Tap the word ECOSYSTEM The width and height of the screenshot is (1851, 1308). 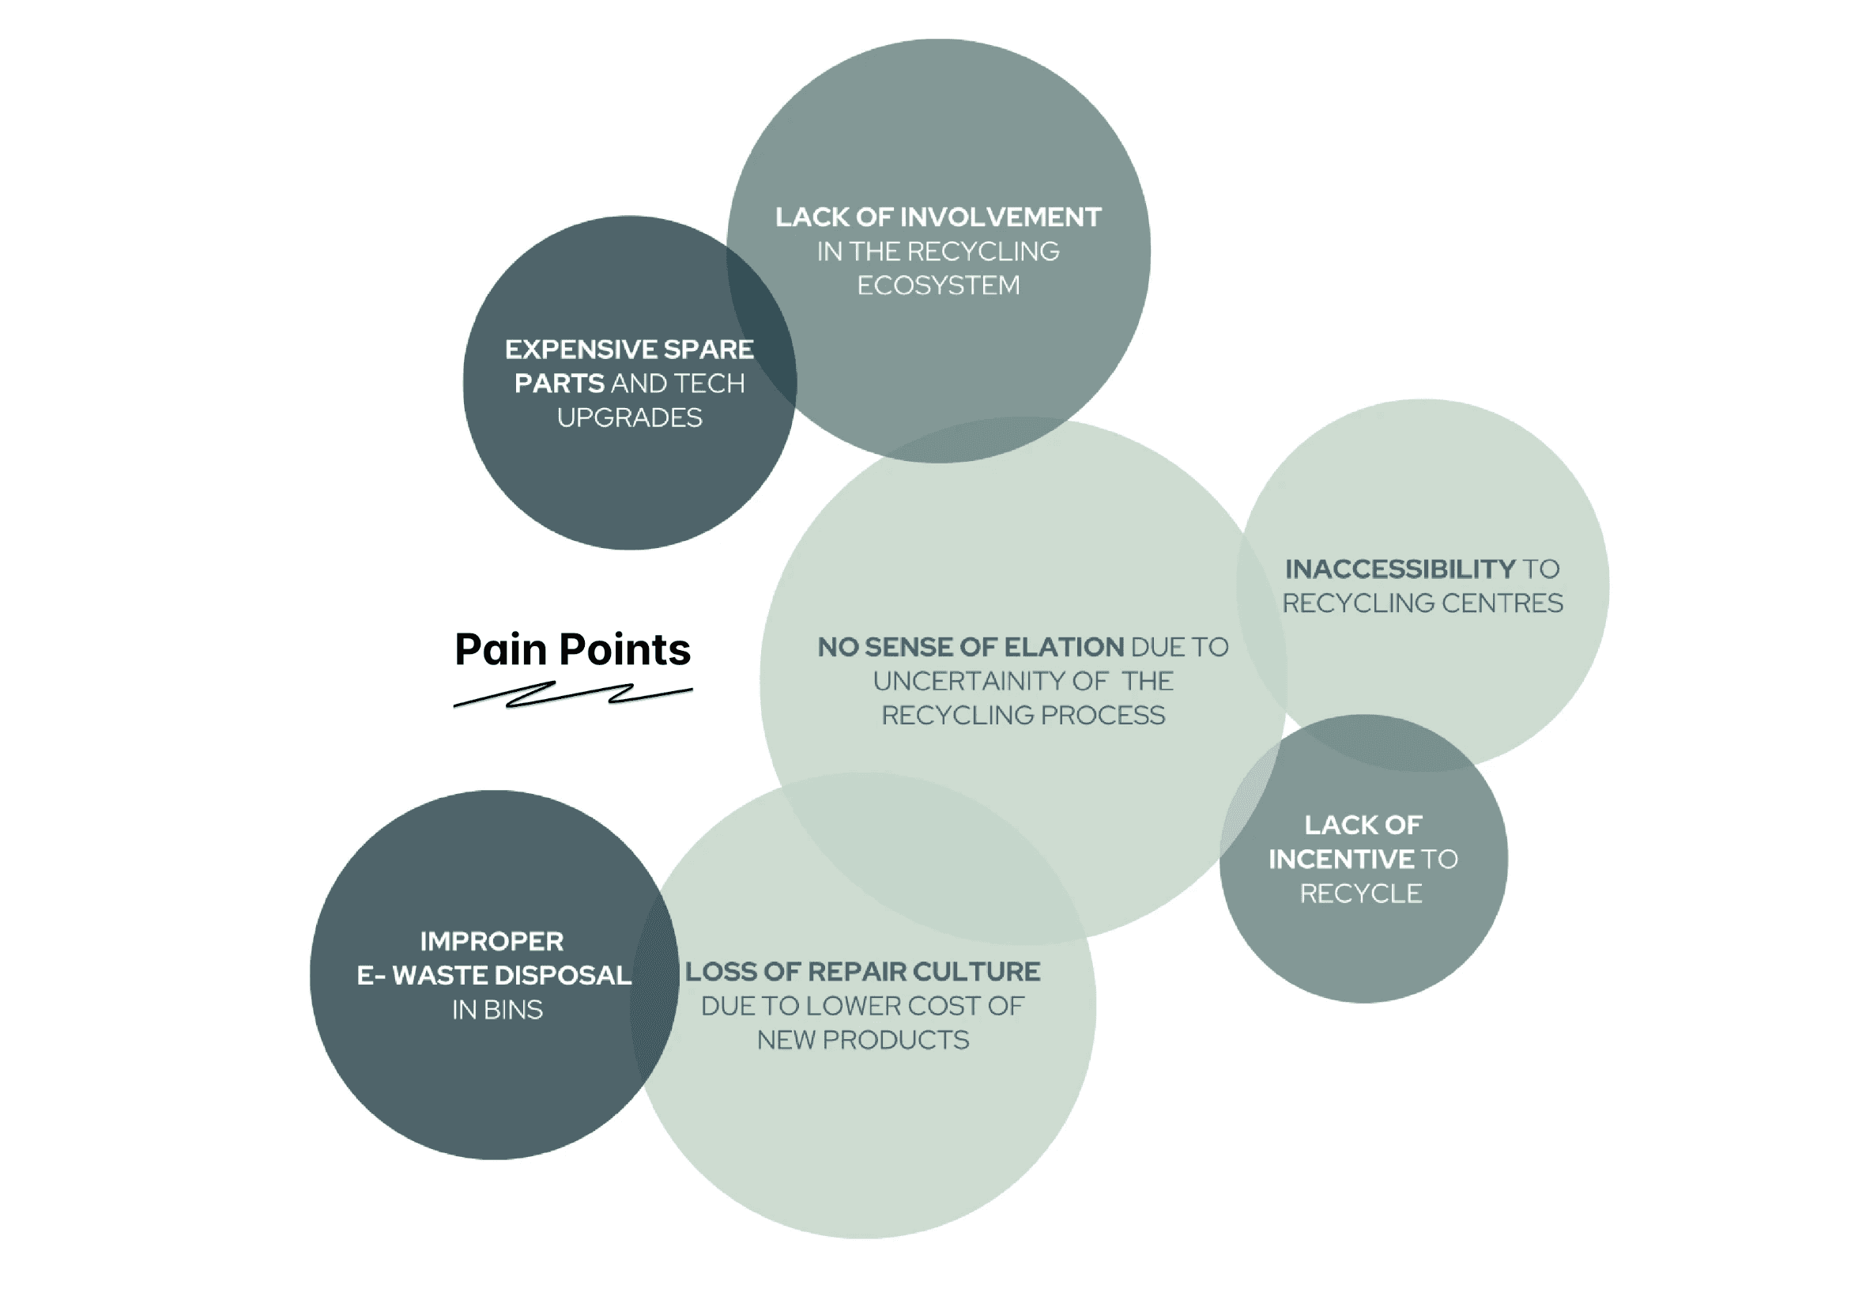[x=937, y=285]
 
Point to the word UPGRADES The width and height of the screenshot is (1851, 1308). [x=630, y=418]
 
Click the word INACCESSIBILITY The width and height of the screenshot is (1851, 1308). [x=1400, y=569]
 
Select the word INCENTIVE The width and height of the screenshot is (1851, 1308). [x=1340, y=860]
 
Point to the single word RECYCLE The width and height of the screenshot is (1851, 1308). [x=1361, y=894]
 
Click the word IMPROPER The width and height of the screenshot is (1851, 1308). [x=492, y=942]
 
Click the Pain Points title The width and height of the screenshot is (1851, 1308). [x=572, y=650]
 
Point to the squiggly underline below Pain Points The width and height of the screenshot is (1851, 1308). [x=572, y=695]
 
